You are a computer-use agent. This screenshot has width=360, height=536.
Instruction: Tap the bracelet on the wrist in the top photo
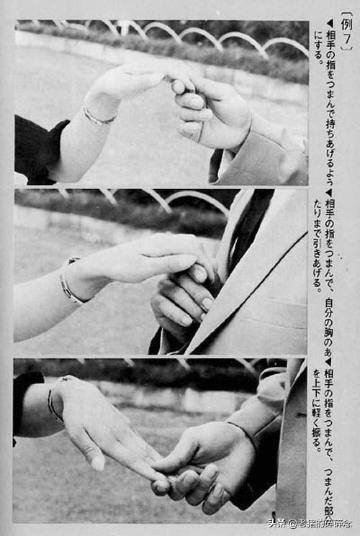click(x=98, y=115)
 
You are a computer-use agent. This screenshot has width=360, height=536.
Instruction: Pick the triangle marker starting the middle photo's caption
click(x=328, y=192)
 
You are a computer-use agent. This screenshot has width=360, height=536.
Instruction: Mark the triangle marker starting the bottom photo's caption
click(x=328, y=362)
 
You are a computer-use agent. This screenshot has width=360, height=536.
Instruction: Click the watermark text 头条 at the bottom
click(x=276, y=523)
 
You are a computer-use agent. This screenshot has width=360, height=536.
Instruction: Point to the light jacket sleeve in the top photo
click(x=266, y=155)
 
